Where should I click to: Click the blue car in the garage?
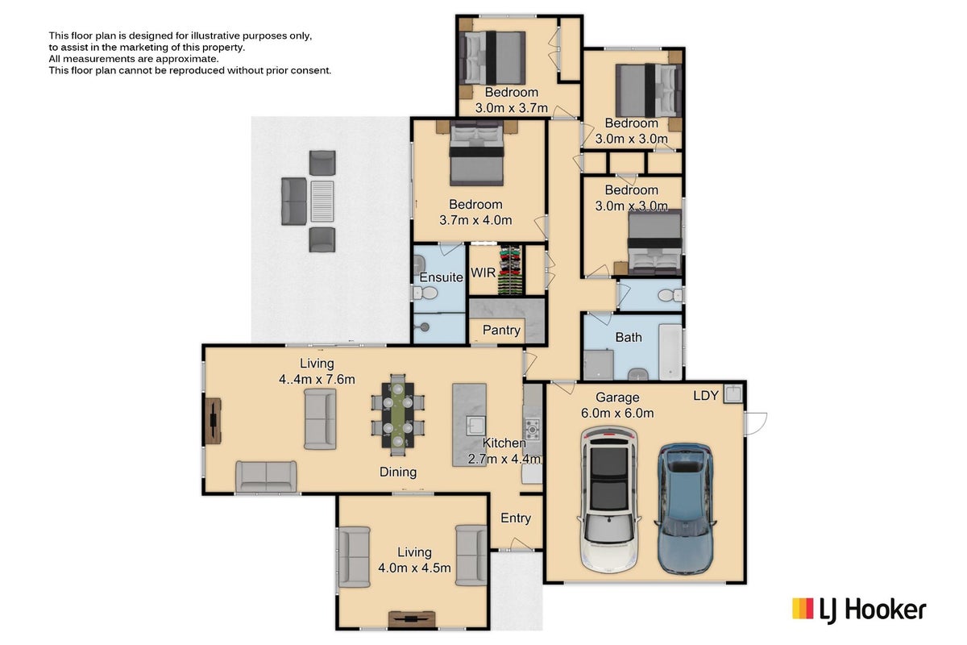(684, 509)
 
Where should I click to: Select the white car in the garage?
(609, 499)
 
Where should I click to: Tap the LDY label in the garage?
(706, 395)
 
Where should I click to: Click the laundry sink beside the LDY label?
(733, 393)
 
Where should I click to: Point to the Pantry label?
(501, 330)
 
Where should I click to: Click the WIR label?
(483, 273)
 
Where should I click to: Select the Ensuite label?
(441, 277)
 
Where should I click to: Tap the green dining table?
(397, 414)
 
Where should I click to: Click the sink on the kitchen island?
(475, 426)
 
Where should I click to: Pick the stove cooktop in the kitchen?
(533, 430)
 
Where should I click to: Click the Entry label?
(516, 518)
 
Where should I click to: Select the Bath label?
(628, 337)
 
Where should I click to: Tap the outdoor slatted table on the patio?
(322, 202)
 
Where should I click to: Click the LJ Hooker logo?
(859, 610)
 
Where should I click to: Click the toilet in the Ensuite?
(425, 293)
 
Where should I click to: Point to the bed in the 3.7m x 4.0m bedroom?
(476, 153)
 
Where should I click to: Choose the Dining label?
(398, 472)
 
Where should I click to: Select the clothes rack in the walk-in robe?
(510, 271)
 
